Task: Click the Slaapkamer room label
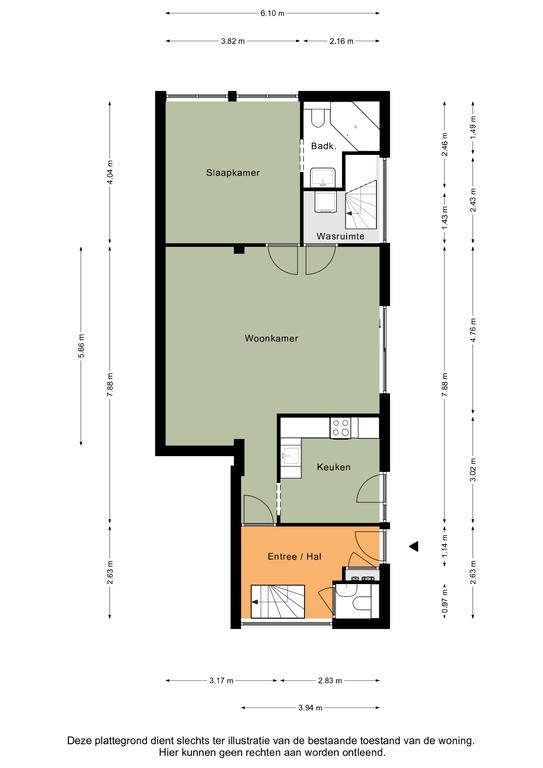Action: click(x=233, y=173)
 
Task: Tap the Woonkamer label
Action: click(x=271, y=338)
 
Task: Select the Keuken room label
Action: click(x=333, y=467)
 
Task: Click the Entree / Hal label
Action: click(x=295, y=556)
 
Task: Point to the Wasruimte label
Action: click(x=340, y=237)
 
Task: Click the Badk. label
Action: click(x=324, y=146)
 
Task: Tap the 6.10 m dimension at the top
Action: click(x=272, y=13)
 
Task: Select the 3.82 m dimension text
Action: click(x=233, y=41)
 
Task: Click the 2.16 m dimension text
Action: click(x=341, y=41)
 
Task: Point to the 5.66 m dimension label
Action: click(x=81, y=346)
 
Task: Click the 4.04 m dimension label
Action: click(x=110, y=172)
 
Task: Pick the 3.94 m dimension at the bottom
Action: click(x=310, y=707)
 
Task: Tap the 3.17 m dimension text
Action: click(x=221, y=680)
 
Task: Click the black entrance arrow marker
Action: click(x=414, y=546)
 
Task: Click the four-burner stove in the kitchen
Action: click(x=341, y=428)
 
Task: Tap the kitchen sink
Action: click(x=291, y=456)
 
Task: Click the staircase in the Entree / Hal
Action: click(x=278, y=601)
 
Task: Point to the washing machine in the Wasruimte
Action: click(x=324, y=202)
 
